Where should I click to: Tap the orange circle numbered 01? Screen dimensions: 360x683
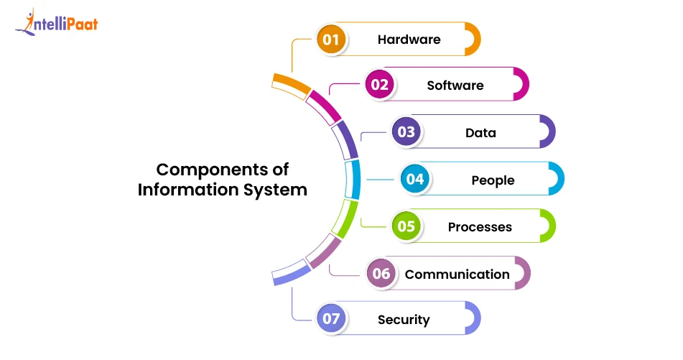coord(330,39)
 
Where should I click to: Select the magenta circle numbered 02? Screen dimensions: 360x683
coord(379,85)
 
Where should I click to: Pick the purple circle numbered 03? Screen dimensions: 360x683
coord(406,132)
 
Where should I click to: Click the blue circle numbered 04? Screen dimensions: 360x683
coord(415,179)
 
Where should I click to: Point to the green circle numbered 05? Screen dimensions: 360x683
coord(406,226)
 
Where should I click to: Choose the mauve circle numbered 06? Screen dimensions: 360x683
coord(381,274)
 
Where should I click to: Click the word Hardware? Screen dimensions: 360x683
coord(409,39)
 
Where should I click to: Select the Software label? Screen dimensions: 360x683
coord(455,85)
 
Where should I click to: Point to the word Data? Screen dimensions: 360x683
coord(480,132)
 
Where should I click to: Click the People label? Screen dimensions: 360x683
coord(493,180)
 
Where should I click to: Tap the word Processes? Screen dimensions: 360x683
coord(480,227)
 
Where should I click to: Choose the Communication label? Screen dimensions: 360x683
coord(457,274)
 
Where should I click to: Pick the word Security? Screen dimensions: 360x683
coord(404,320)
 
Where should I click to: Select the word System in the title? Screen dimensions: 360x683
coord(276,190)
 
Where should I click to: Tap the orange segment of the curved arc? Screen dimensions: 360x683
coord(292,84)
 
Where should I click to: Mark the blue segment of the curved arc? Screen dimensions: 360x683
coord(352,179)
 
